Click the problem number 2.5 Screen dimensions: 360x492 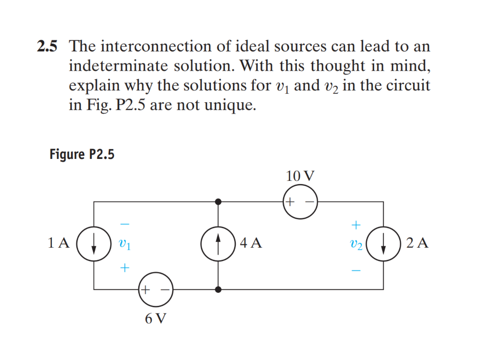click(x=47, y=47)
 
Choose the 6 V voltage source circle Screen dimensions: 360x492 click(x=155, y=290)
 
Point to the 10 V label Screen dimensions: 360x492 click(x=300, y=176)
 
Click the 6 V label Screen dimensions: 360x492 click(x=155, y=318)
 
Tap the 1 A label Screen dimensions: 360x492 click(x=59, y=243)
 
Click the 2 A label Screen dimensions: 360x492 click(x=417, y=243)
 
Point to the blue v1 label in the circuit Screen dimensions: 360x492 click(x=124, y=244)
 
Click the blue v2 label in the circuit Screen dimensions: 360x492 click(x=356, y=244)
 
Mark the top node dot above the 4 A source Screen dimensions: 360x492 click(x=219, y=202)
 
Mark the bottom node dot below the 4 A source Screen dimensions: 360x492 click(x=219, y=289)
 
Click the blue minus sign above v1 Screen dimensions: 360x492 click(x=124, y=224)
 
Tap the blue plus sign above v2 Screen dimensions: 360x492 click(x=356, y=224)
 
